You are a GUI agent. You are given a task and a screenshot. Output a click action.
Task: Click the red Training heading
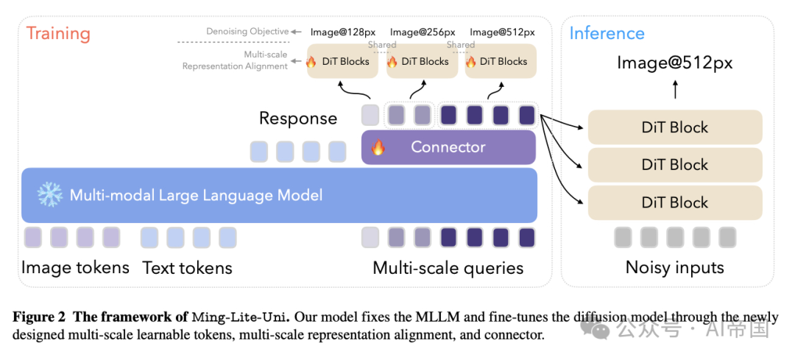point(58,34)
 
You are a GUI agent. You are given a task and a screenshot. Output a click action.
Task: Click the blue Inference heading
point(607,33)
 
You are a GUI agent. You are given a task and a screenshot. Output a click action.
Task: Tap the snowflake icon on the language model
point(50,195)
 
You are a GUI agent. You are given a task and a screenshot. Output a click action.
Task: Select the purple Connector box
point(448,147)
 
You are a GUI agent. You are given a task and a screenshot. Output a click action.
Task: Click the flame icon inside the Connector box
point(378,147)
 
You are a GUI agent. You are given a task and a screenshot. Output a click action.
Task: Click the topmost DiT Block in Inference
point(675,127)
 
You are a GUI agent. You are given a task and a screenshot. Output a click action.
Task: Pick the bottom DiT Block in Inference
point(675,202)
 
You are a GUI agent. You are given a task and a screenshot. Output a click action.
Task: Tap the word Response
point(298,118)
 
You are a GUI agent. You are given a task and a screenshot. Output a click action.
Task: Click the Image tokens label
point(75,267)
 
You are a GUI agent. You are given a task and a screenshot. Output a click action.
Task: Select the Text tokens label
point(187,267)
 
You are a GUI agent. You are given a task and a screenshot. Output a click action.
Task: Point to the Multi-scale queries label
point(448,268)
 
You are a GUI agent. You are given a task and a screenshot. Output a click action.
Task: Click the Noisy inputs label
point(675,267)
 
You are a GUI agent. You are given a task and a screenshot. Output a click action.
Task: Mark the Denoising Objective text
point(247,32)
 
